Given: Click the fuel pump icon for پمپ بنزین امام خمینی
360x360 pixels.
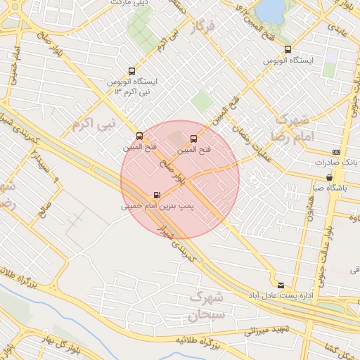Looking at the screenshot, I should pyautogui.click(x=156, y=195).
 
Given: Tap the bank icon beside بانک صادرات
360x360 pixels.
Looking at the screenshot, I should pyautogui.click(x=336, y=152).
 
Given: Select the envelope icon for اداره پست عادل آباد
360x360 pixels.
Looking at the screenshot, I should pyautogui.click(x=281, y=285).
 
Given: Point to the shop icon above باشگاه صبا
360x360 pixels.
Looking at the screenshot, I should pyautogui.click(x=329, y=177).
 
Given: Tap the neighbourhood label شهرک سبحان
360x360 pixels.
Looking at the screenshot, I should pyautogui.click(x=206, y=307).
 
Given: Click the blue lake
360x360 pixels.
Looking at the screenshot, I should pyautogui.click(x=270, y=10).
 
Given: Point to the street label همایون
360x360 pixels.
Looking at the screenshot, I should pyautogui.click(x=307, y=205).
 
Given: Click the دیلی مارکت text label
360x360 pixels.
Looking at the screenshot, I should pyautogui.click(x=131, y=2).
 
